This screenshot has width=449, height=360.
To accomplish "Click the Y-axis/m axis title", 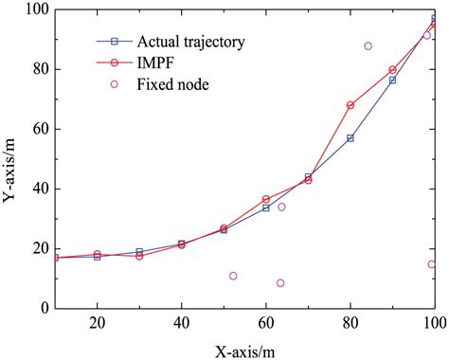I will click(13, 159).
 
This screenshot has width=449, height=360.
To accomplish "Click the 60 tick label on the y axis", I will click(33, 129).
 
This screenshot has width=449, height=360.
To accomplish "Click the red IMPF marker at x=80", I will click(350, 105).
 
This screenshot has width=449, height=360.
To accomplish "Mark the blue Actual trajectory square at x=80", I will click(350, 138).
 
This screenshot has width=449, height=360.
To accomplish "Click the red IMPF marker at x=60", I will click(266, 199).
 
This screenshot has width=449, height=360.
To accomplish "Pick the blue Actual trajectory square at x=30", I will click(139, 252).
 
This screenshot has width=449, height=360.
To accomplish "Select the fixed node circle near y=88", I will click(368, 45).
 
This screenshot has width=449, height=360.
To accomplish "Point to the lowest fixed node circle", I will click(280, 282).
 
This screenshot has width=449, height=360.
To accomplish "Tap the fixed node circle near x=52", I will click(233, 276).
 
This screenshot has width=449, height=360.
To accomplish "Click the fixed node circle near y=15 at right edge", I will click(431, 264).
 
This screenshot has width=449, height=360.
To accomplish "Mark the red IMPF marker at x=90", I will click(392, 70).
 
